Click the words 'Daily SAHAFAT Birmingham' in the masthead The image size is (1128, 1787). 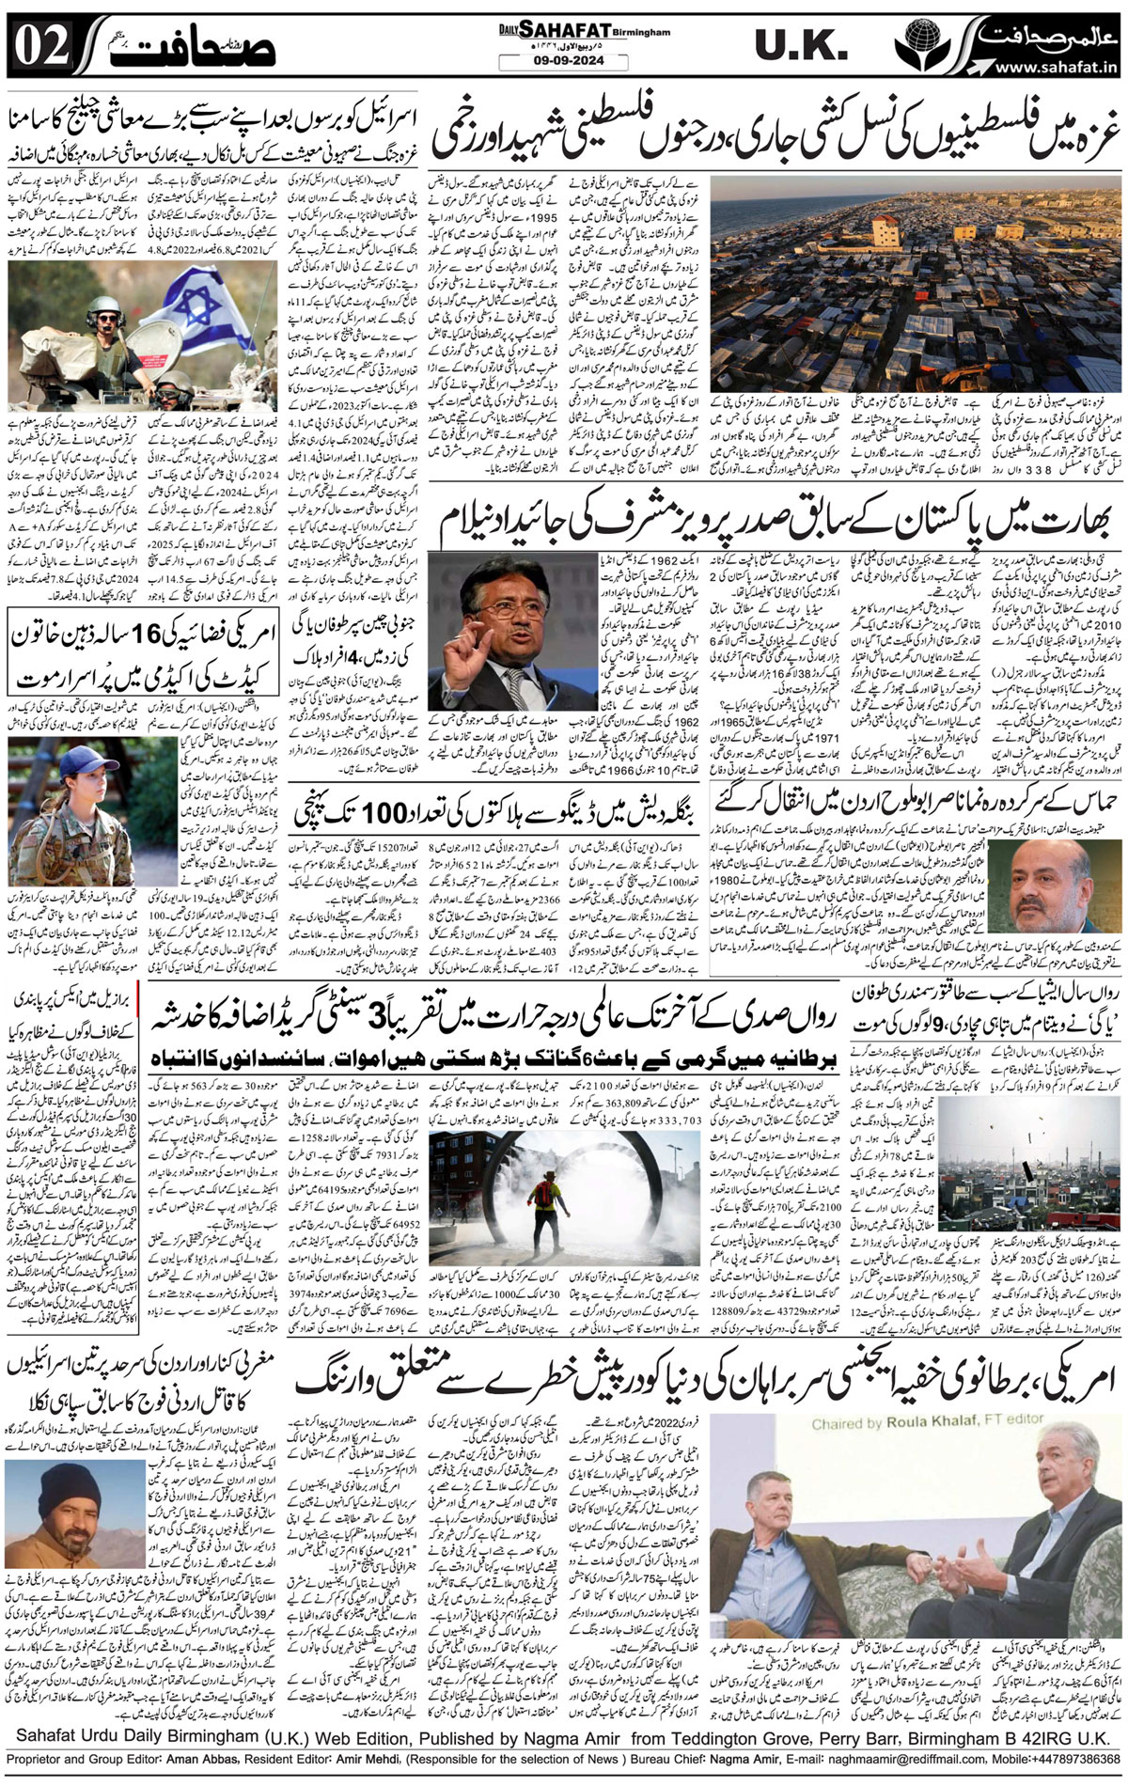(585, 31)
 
